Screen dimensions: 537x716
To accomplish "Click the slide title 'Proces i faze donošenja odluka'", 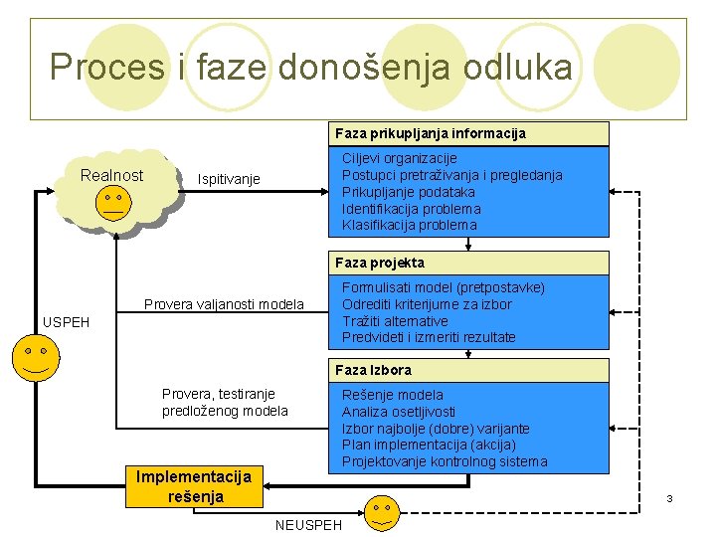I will pos(310,68).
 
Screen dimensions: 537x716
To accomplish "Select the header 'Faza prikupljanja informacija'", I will pos(430,133).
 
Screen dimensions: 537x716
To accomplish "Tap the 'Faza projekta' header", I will pos(379,263).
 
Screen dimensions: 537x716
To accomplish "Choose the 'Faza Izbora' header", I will pos(373,370).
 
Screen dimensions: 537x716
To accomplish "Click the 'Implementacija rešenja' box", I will pos(196,486).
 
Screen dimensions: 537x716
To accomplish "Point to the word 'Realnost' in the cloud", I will pos(111,176).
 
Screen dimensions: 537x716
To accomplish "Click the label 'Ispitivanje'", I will pos(229,179).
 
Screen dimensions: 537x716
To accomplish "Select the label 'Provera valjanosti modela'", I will pos(224,304).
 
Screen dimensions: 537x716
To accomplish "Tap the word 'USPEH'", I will pos(66,322).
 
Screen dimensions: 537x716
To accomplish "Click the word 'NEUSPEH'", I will pos(308,524).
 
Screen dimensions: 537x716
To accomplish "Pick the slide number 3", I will pos(670,497).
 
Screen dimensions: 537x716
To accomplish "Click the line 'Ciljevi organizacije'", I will pos(399,158).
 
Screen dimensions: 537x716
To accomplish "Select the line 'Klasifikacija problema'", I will pos(409,225).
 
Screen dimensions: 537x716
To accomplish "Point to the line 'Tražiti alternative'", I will pos(395,321).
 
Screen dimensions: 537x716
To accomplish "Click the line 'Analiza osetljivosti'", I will pos(399,412).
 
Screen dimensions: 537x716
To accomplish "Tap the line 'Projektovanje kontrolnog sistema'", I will pos(444,461).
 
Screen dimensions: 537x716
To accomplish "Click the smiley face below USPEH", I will pos(37,357).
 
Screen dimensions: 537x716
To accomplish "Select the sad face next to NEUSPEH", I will pos(381,512).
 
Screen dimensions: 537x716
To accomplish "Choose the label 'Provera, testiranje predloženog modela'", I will pos(225,403).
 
